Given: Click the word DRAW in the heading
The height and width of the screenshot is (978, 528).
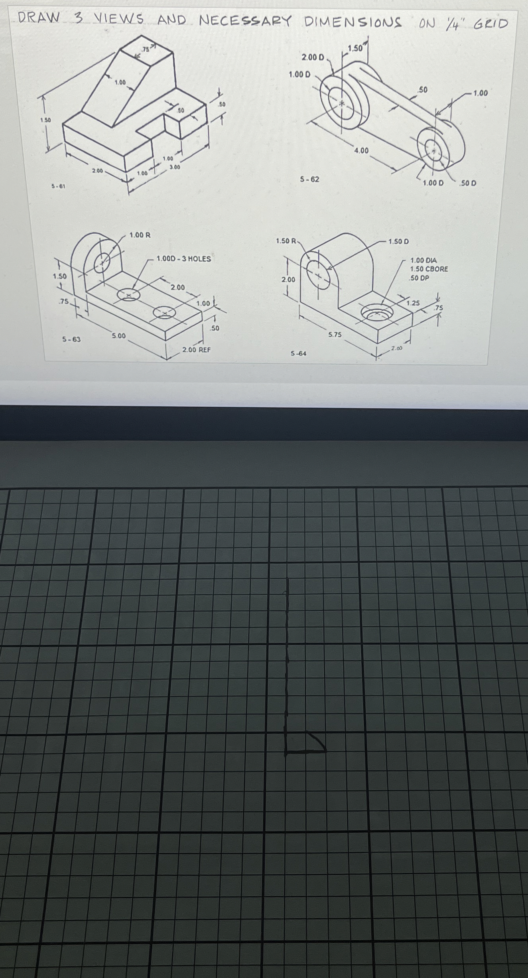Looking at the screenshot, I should [39, 18].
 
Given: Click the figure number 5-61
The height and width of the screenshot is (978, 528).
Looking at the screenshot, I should [59, 186].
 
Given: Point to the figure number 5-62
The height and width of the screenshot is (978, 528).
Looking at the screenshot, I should [310, 179].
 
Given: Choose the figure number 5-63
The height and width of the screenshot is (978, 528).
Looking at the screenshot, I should [71, 339].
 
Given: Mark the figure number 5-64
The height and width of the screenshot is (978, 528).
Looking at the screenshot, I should [299, 353].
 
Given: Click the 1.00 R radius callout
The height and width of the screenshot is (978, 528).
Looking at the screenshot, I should [140, 235].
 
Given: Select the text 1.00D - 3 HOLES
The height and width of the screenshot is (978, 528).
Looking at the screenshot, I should [183, 259].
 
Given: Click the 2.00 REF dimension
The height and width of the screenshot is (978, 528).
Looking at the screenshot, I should [196, 350].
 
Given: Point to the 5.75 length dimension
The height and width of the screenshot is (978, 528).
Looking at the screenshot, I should [335, 335].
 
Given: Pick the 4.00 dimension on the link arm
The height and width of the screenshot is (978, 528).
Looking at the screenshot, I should [361, 150].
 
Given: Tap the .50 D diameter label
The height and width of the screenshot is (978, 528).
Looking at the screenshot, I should [468, 183].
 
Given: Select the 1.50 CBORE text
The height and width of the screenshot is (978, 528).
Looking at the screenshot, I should [429, 269].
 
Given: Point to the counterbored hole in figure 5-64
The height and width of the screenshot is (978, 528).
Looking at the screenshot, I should [376, 313].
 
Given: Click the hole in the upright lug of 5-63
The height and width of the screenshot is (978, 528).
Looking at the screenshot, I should [102, 262].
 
